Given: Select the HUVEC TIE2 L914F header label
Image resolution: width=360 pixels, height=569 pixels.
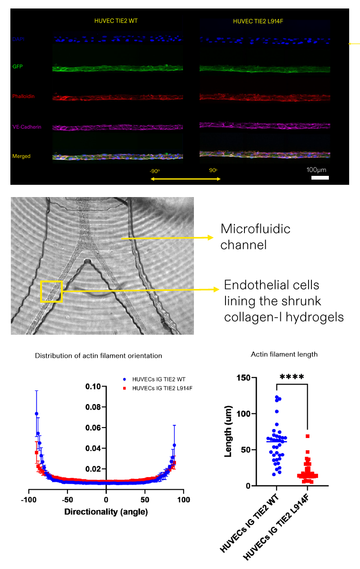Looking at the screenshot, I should click(x=255, y=22).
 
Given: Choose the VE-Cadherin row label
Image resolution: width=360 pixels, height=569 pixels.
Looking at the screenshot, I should click(x=25, y=127).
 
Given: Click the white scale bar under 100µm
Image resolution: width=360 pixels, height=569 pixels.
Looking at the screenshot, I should click(x=320, y=177).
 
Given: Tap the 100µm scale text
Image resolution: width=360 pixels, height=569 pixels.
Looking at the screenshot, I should click(x=316, y=169).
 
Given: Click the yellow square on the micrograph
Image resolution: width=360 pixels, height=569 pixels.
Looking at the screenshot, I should click(x=51, y=291).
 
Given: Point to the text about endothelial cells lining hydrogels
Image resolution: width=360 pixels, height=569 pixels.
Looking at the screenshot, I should click(x=284, y=301).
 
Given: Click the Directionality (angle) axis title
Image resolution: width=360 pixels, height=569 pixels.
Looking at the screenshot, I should click(x=106, y=511).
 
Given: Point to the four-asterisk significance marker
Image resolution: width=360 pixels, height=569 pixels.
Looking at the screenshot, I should click(x=291, y=377).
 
